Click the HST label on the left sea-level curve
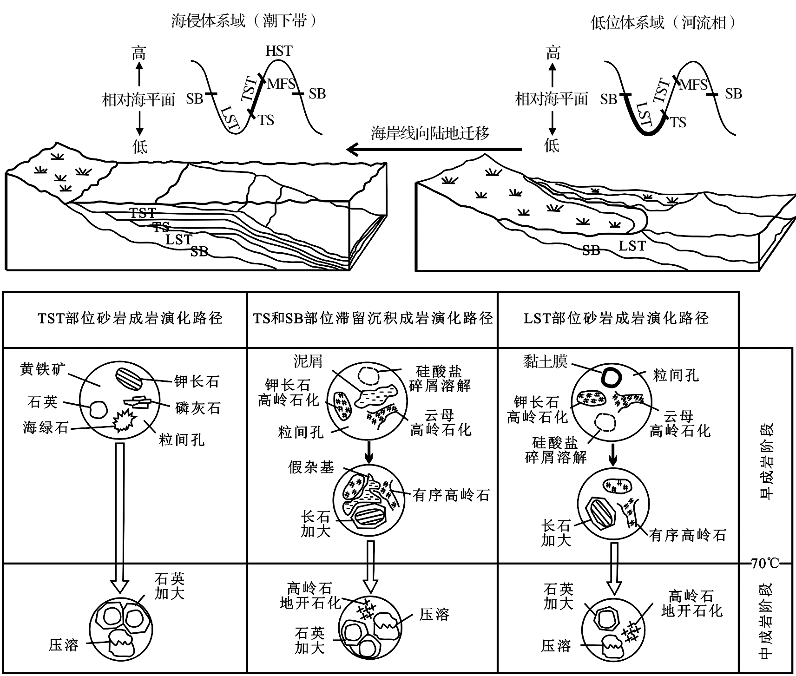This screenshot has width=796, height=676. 279,51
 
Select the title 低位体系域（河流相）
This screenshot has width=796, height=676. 664,22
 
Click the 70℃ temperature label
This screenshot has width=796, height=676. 764,564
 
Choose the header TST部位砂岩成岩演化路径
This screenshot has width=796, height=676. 130,319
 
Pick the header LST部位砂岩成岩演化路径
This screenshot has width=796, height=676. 616,319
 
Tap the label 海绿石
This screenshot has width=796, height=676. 46,427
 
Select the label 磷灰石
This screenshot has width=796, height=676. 197,408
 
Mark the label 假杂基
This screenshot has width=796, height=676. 311,467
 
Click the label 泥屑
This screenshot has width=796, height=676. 308,361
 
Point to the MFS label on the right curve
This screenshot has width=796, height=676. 693,85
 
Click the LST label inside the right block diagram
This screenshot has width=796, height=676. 632,245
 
